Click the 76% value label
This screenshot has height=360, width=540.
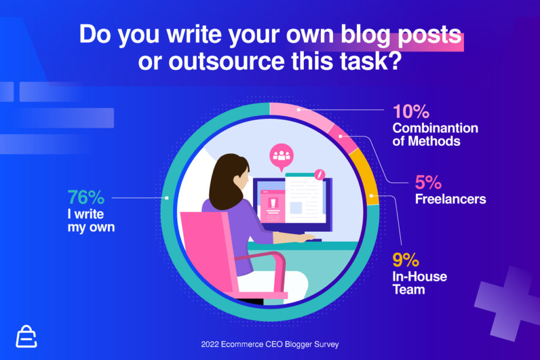[86, 197]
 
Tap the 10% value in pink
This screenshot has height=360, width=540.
[411, 112]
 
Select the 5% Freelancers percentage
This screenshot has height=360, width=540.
[428, 182]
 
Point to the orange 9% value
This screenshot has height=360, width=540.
[406, 260]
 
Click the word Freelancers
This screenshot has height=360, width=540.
[450, 199]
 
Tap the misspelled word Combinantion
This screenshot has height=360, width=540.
[435, 128]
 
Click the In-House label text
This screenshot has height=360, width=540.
[419, 276]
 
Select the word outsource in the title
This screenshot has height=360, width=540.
[227, 61]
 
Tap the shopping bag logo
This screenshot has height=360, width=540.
[26, 337]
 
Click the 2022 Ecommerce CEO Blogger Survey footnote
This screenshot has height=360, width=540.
[269, 344]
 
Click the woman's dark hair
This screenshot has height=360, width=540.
[227, 181]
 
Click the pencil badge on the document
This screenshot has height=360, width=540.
[320, 175]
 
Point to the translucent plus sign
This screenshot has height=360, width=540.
[506, 303]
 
